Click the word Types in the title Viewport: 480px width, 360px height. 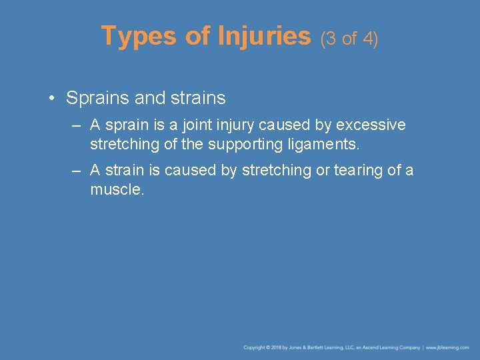pyautogui.click(x=139, y=36)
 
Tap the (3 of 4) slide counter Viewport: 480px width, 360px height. pyautogui.click(x=349, y=39)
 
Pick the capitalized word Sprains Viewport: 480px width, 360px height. pyautogui.click(x=97, y=99)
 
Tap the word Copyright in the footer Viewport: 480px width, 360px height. pyautogui.click(x=254, y=347)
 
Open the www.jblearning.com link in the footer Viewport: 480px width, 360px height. pyautogui.click(x=448, y=347)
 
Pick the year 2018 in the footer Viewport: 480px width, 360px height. pyautogui.click(x=275, y=347)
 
